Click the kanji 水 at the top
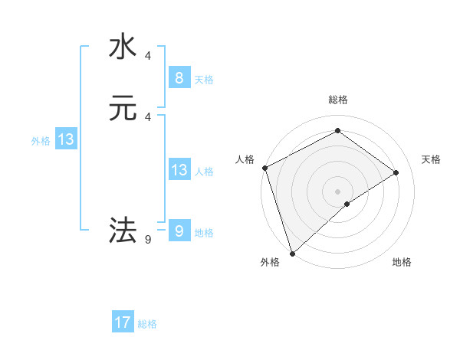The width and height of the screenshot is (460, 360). click(x=123, y=47)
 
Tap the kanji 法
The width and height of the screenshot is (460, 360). click(x=123, y=229)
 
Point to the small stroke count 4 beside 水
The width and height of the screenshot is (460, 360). click(x=148, y=56)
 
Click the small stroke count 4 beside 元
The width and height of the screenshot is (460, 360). click(x=148, y=116)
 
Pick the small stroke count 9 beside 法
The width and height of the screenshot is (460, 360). click(x=148, y=240)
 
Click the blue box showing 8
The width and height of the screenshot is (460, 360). click(x=179, y=77)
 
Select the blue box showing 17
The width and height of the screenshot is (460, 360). click(x=123, y=322)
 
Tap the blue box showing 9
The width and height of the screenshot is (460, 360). click(x=179, y=231)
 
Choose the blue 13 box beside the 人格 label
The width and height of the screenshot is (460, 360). click(x=179, y=170)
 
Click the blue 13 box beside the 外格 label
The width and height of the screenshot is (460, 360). click(x=66, y=139)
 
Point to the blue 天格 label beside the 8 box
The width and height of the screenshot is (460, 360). click(x=204, y=79)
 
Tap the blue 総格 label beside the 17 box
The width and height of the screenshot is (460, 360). click(x=147, y=324)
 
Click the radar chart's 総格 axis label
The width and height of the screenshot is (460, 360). click(x=337, y=100)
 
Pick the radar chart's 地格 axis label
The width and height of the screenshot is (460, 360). click(x=402, y=262)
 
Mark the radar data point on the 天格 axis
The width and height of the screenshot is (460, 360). click(x=396, y=172)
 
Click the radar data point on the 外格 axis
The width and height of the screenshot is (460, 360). click(x=291, y=253)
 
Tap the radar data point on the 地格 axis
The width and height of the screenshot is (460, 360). click(x=347, y=204)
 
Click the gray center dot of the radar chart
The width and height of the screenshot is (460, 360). click(x=337, y=191)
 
